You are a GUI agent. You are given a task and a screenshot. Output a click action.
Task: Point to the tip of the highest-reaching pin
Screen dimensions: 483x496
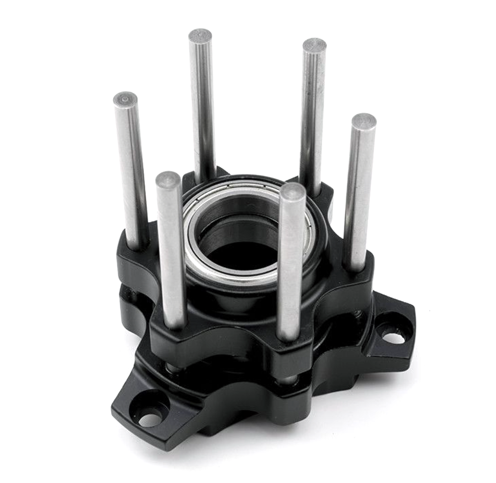[x=200, y=36]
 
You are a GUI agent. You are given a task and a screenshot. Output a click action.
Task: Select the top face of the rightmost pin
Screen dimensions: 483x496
[x=364, y=121]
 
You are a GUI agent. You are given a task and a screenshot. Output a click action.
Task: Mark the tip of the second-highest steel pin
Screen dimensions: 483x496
[x=314, y=45]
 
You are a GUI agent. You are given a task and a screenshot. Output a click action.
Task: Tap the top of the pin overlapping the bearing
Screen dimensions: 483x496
[x=293, y=191]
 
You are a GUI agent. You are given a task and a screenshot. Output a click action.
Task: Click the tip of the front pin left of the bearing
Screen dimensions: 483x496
[x=168, y=180]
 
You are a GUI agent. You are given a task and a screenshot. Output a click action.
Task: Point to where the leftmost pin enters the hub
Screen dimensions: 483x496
[x=138, y=245]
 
